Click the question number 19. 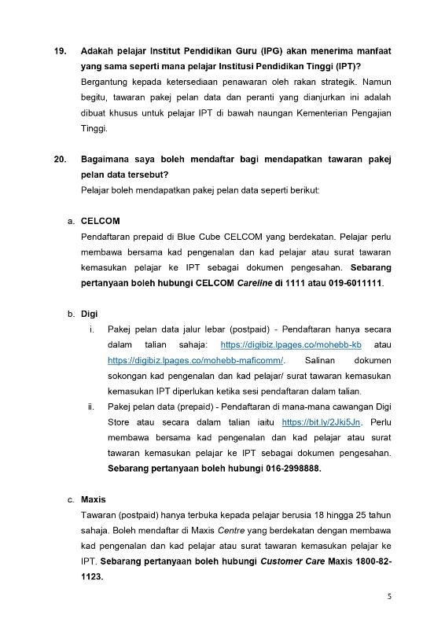click(x=60, y=51)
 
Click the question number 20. click(x=60, y=160)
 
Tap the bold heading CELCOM click(x=101, y=221)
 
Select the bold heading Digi click(x=89, y=314)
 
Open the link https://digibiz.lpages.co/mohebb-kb click(x=290, y=344)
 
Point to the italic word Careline click(x=256, y=283)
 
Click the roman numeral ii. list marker click(x=92, y=407)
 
